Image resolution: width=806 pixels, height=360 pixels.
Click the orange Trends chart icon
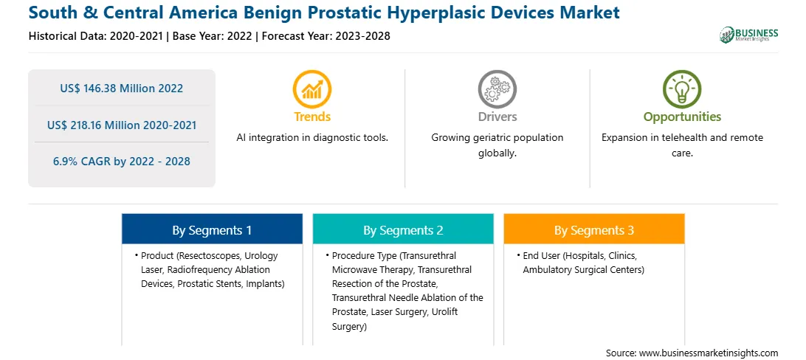point(312,89)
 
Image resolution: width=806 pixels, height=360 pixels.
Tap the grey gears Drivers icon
point(497,89)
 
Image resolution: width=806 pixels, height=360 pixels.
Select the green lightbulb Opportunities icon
point(682,89)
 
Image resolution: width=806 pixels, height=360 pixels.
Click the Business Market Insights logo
point(749,34)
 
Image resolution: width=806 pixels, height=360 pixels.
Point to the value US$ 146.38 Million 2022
point(121,89)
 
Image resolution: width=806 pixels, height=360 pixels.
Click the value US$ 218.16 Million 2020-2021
point(121,125)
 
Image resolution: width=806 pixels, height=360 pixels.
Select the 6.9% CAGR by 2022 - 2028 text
point(121,162)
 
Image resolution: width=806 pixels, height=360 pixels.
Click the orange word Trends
point(312,117)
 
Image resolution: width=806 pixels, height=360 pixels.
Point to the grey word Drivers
point(497,117)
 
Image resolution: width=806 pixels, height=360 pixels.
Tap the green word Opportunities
point(682,117)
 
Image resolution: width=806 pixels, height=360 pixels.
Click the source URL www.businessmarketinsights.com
point(709,353)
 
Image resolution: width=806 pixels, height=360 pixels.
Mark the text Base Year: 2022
point(213,36)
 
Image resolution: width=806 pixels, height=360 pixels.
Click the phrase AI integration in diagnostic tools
point(312,138)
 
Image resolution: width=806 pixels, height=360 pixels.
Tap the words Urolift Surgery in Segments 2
point(390,319)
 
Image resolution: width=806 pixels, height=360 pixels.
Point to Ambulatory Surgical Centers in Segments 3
point(583,269)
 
